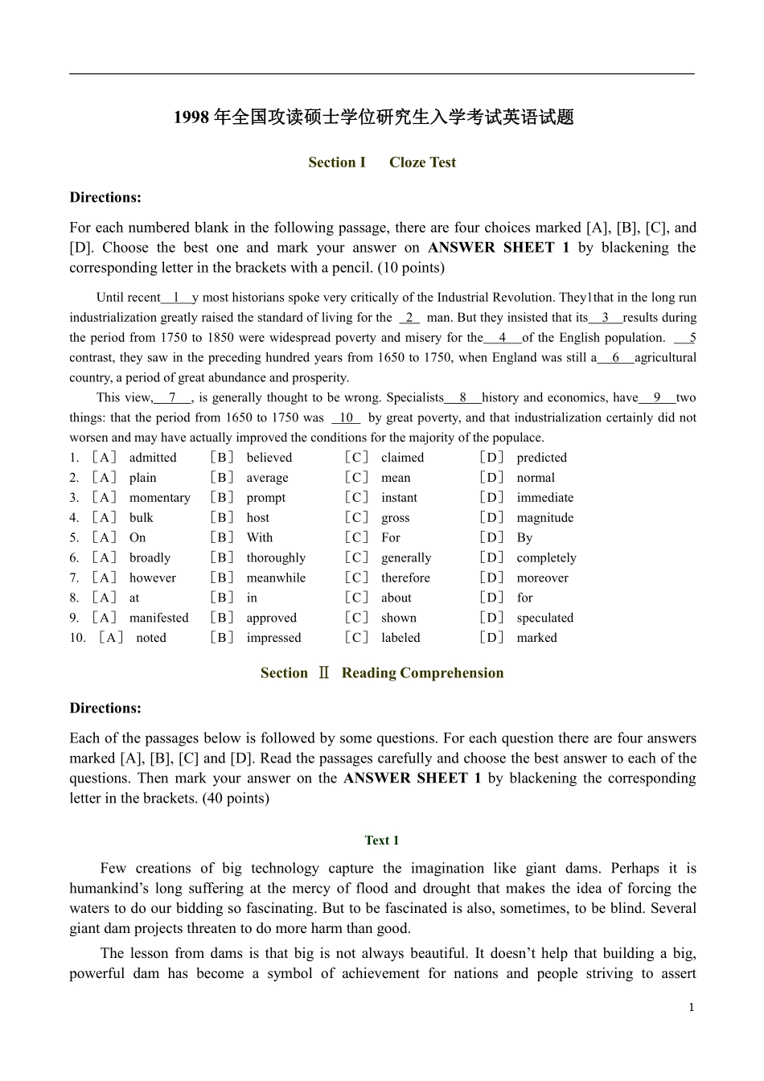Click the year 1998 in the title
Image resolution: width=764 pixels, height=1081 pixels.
pos(191,117)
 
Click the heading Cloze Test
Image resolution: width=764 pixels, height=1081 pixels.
pos(422,162)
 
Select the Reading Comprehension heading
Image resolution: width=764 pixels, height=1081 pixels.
pos(422,673)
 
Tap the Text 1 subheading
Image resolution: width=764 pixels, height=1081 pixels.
pos(381,841)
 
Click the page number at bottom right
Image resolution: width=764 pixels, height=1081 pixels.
pos(691,1008)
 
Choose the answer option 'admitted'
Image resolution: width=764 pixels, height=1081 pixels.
pos(153,458)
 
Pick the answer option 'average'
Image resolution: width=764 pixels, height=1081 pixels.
pos(267,478)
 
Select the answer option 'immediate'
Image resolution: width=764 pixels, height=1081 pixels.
pos(544,498)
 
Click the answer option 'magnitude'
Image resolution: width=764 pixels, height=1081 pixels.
pos(544,518)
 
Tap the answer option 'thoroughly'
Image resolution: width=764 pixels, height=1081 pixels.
pos(276,558)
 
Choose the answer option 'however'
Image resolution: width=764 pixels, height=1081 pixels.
pos(152,578)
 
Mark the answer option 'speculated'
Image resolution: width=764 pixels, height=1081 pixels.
pos(544,619)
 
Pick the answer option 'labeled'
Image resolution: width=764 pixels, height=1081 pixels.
pos(400,638)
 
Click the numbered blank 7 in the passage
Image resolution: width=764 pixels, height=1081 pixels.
pos(173,397)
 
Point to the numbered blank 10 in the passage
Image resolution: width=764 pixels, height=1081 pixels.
pos(346,417)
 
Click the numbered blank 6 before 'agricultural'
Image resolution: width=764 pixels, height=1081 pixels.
pos(616,358)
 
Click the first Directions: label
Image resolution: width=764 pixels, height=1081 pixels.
pos(105,198)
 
